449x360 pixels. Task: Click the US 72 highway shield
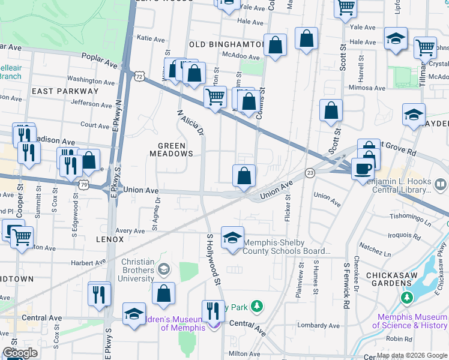139,76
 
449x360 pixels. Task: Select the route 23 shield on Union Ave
310,173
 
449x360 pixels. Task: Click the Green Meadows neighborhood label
175,149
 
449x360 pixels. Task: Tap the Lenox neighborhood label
109,239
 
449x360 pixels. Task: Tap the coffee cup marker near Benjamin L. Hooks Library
362,169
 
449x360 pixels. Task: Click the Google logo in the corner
20,353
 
